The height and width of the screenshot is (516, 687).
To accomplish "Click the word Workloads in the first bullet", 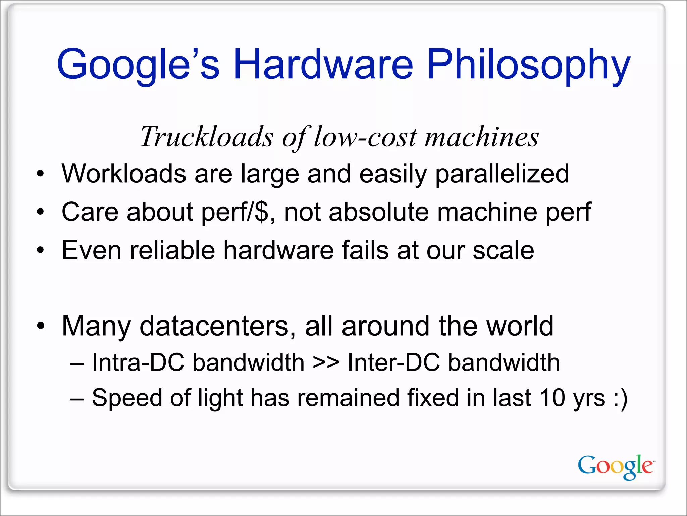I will (124, 174).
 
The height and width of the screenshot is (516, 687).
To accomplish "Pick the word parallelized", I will (502, 174).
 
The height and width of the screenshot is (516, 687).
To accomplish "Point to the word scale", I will (503, 250).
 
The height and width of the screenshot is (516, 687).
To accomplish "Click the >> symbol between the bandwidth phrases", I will (326, 363).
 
